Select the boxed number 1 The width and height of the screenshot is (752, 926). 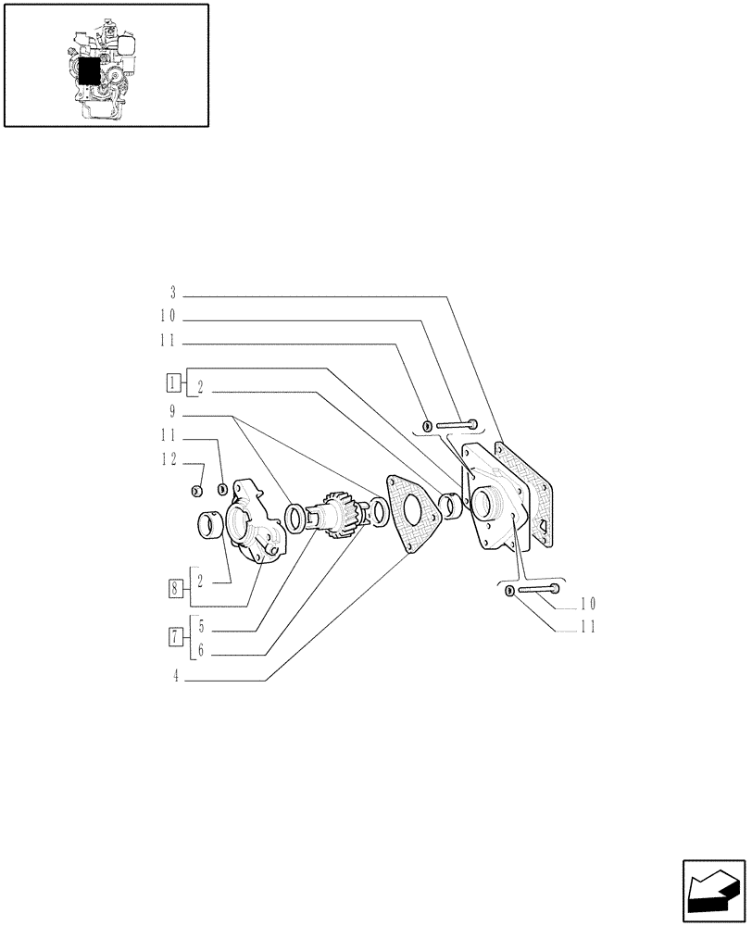173,381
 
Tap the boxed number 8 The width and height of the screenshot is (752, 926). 174,586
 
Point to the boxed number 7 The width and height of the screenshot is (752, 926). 174,635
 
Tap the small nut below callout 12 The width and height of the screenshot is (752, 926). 196,490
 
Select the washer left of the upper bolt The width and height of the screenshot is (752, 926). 427,425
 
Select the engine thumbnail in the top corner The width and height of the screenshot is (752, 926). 106,65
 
